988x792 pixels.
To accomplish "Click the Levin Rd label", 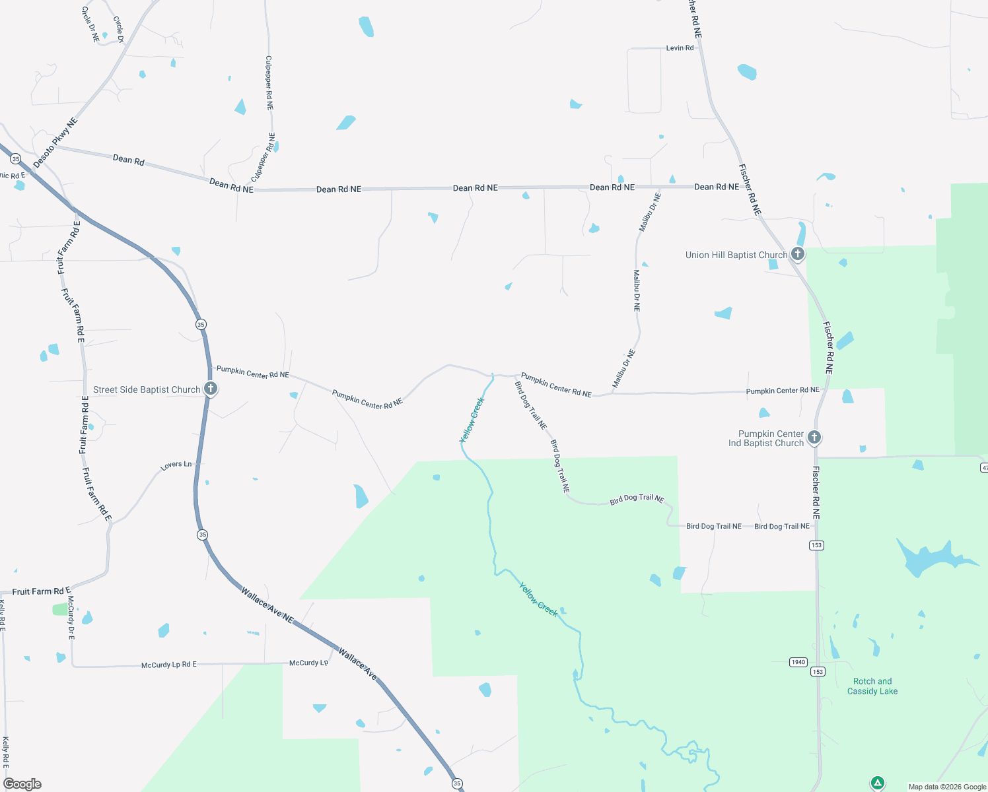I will click(680, 48).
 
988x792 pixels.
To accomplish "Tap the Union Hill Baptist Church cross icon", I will click(798, 254).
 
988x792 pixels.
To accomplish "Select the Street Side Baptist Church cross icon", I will click(211, 389).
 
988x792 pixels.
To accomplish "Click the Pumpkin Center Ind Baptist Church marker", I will click(814, 437).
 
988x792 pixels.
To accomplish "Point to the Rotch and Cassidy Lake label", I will click(872, 686).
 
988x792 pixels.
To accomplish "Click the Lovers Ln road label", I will click(176, 465).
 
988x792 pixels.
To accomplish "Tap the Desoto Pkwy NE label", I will click(55, 142).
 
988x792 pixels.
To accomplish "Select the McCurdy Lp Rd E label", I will click(169, 665).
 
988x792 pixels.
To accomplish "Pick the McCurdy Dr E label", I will click(71, 618).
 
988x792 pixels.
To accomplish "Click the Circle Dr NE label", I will click(90, 25).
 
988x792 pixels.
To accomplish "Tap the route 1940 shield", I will click(798, 662).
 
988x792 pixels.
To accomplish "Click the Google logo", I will click(22, 784).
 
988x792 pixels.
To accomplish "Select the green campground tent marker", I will click(877, 783).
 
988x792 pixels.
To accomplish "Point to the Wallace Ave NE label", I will click(267, 605).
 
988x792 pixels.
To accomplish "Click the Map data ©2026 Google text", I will click(947, 787).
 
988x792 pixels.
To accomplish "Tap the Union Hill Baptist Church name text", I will click(736, 255).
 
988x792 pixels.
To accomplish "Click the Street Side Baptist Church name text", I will click(147, 390).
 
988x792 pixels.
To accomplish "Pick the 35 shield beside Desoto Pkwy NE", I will click(16, 159).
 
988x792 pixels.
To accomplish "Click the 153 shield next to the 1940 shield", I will click(818, 672).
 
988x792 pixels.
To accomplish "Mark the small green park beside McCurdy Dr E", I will click(61, 609).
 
